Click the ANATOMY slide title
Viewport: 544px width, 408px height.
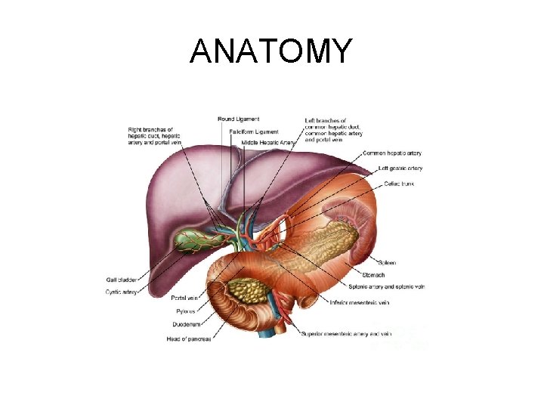pos(271,51)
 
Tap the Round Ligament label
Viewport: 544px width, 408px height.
pos(238,119)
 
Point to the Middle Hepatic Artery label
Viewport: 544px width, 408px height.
pos(268,143)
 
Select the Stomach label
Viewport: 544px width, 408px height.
pos(374,275)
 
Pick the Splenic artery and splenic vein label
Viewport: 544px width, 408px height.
pos(386,287)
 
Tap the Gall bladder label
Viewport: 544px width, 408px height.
pos(121,280)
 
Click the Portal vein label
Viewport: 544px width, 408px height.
pos(185,298)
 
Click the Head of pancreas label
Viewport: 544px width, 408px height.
pos(189,339)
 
